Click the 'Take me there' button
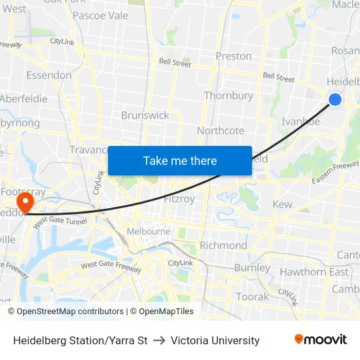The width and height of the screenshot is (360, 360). coord(180,160)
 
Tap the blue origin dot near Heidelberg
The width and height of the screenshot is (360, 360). coord(334,99)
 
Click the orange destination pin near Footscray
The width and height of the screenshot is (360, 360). coord(26,202)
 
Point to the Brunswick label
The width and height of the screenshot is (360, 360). coord(145,115)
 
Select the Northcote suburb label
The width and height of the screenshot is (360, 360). coord(221,131)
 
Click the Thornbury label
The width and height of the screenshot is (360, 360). coord(228,96)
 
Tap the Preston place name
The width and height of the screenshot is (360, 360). coord(234,56)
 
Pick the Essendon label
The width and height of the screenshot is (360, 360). coord(49,75)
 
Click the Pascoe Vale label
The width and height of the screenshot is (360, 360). coord(100,16)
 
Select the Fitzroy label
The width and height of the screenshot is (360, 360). coord(179,199)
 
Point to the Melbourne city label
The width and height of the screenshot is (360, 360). coord(149,231)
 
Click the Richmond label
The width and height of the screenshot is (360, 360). coord(223,245)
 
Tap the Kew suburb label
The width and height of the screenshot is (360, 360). coord(282,205)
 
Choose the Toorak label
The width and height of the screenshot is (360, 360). coord(252,297)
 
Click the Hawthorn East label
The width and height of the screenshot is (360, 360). coord(314,272)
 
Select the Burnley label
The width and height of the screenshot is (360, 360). coord(252,268)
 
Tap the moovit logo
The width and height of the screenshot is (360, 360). coord(320,340)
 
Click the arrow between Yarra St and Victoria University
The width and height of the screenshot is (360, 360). coord(160,340)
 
